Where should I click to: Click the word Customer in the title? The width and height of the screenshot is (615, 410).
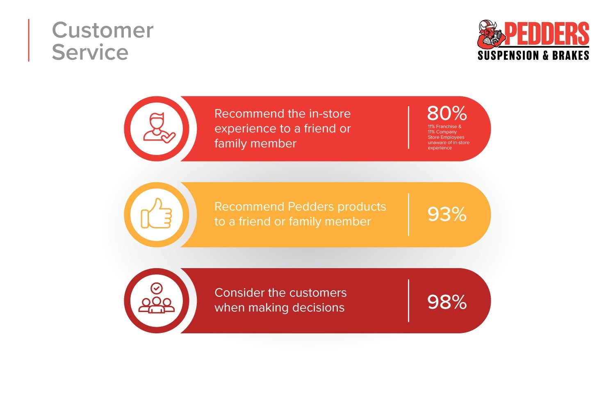pyautogui.click(x=102, y=30)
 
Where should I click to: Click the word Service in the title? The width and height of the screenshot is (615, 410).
pyautogui.click(x=90, y=52)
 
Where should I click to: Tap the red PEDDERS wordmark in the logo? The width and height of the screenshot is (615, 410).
pyautogui.click(x=547, y=34)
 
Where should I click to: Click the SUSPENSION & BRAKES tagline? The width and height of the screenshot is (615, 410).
pyautogui.click(x=533, y=55)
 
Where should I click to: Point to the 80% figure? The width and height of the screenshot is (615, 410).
pyautogui.click(x=447, y=113)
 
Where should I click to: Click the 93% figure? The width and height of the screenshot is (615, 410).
pyautogui.click(x=447, y=214)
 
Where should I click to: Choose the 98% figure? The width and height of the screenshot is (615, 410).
pyautogui.click(x=447, y=302)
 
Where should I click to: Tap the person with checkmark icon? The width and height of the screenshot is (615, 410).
pyautogui.click(x=159, y=128)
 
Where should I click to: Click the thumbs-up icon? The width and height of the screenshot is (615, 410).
pyautogui.click(x=156, y=213)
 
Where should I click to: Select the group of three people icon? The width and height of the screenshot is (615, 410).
pyautogui.click(x=156, y=298)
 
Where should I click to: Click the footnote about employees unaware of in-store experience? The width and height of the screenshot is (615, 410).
pyautogui.click(x=449, y=137)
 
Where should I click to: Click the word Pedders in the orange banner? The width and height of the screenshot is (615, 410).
pyautogui.click(x=311, y=207)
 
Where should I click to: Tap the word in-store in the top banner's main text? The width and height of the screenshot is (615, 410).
pyautogui.click(x=330, y=114)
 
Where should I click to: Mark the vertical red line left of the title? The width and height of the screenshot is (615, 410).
pyautogui.click(x=29, y=40)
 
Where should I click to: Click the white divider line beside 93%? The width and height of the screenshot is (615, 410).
pyautogui.click(x=408, y=214)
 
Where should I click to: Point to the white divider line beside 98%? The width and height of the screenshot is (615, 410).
pyautogui.click(x=408, y=301)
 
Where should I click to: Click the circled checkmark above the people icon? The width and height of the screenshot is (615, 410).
pyautogui.click(x=157, y=288)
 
